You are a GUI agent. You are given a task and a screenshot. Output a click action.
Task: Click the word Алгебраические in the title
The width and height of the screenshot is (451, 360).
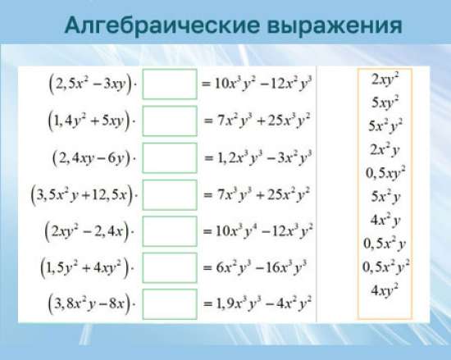coord(156,25)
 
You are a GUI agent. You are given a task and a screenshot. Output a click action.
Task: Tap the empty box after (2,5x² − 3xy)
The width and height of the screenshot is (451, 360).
coord(170,84)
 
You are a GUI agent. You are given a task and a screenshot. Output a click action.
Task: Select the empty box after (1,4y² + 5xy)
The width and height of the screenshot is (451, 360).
coord(170,121)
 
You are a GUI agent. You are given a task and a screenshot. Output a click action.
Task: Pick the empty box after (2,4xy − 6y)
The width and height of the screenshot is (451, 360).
coord(170,157)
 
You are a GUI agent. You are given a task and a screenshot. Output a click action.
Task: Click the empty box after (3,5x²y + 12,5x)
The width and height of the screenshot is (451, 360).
coord(170,194)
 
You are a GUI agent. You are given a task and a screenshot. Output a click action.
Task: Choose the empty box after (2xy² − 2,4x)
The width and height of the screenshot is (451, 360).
coord(170,231)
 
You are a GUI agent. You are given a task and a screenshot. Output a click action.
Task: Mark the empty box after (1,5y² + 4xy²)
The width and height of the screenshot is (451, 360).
coord(170,267)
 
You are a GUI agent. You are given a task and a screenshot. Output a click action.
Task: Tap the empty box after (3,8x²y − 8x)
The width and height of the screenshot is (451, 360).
coord(170,303)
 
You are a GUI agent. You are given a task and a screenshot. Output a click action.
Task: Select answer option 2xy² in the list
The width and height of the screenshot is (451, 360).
coord(385,80)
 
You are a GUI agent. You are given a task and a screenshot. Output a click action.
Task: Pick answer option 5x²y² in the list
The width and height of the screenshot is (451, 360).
coord(385,126)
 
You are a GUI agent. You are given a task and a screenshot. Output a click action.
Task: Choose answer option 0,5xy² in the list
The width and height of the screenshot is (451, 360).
coord(385,173)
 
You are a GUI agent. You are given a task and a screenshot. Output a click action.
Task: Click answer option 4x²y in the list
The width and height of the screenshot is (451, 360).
coord(385,220)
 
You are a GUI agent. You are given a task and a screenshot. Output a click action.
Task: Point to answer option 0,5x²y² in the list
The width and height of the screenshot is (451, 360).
coord(385,267)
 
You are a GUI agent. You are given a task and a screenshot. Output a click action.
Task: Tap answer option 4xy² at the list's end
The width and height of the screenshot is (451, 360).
coord(385,290)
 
